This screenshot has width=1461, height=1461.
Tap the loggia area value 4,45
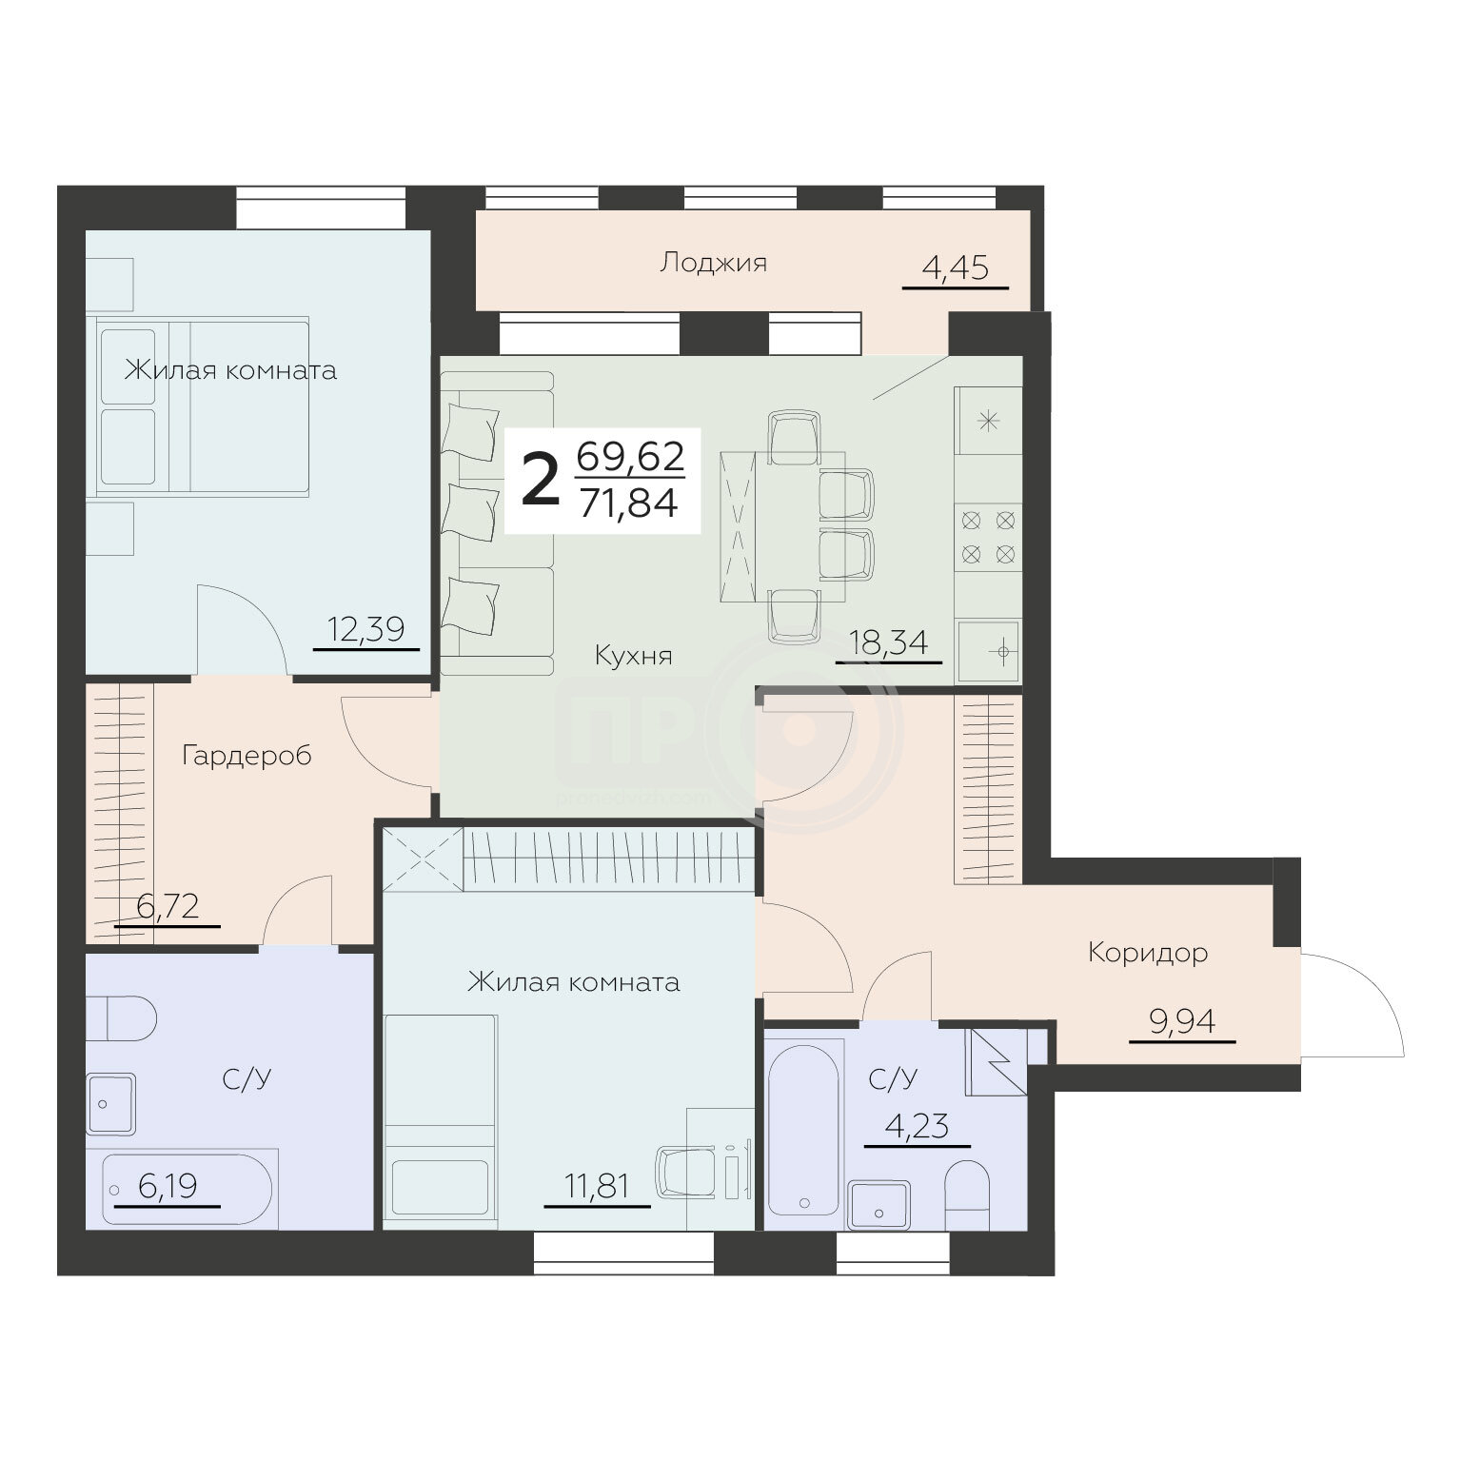click(955, 268)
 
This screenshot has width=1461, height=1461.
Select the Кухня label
click(633, 655)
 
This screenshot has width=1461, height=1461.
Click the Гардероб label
click(247, 757)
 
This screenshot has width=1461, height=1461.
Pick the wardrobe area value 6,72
click(168, 906)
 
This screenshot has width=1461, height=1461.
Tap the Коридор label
click(1148, 953)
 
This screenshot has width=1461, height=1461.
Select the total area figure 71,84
click(629, 502)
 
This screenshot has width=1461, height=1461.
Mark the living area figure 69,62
click(630, 457)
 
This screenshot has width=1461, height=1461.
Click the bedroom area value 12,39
click(366, 629)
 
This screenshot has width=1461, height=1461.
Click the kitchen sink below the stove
click(990, 651)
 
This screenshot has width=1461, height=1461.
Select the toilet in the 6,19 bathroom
click(121, 1018)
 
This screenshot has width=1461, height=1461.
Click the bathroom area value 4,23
click(917, 1127)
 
